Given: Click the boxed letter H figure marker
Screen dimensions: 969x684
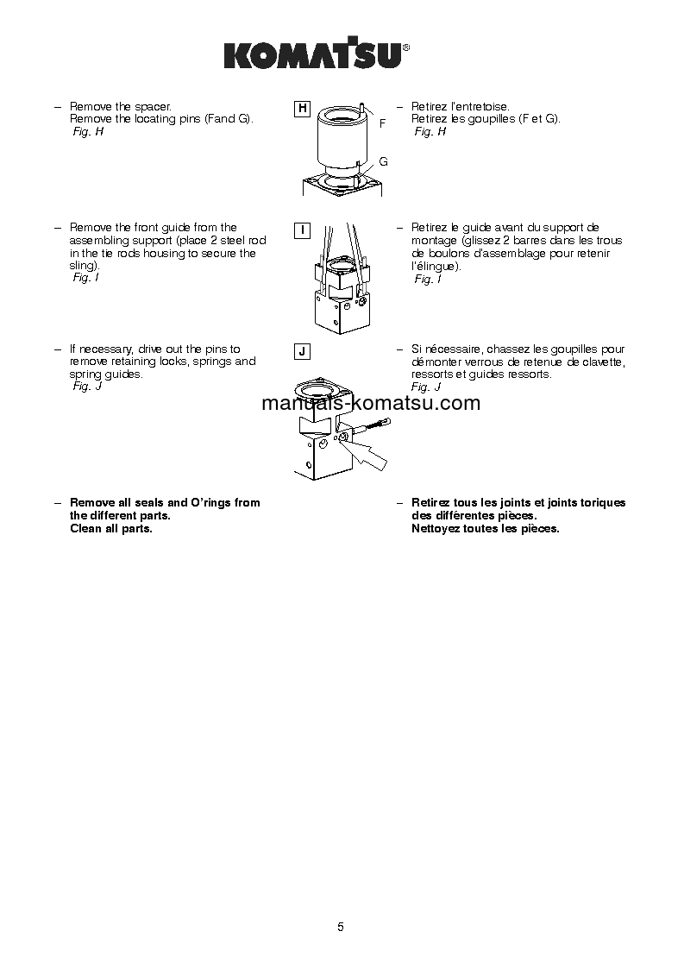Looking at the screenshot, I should (x=302, y=109).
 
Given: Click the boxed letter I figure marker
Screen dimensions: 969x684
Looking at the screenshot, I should (x=302, y=230).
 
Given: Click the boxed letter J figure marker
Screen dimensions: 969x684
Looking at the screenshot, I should (x=302, y=351).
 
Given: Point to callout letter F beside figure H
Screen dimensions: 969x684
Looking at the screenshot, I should (x=382, y=124).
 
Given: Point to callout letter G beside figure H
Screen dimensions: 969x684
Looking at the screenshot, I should (x=383, y=162).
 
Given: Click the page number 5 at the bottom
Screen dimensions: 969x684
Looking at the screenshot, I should (x=341, y=928).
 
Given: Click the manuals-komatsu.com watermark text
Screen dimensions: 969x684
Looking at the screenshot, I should (x=370, y=403).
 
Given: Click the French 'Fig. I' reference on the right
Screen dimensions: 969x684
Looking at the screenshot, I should (x=427, y=279).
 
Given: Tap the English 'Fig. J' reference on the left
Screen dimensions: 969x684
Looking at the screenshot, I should (x=87, y=387).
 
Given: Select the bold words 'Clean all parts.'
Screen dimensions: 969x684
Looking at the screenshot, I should (x=111, y=529).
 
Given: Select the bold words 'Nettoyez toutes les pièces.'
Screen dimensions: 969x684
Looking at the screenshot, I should (x=486, y=529).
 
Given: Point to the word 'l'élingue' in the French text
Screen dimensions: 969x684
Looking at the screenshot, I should (x=435, y=267).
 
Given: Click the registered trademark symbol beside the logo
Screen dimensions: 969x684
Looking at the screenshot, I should (x=406, y=49).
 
